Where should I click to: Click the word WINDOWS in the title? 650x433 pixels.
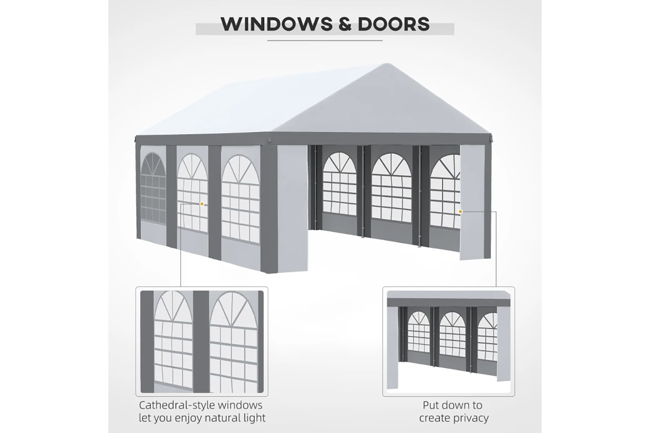coord(276,24)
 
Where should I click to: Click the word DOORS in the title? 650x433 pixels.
coord(393,24)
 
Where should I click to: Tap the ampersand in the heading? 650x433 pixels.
coord(345,24)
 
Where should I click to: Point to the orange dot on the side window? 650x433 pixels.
coord(201,204)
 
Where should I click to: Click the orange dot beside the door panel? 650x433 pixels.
coord(460,212)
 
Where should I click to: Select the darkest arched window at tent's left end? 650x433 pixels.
coord(153,187)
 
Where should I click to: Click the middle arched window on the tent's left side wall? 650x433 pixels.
coord(192,193)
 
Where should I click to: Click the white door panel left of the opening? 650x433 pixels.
coord(292,209)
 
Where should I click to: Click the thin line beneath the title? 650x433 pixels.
coord(325,41)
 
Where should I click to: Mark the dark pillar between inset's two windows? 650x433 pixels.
coord(201,342)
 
